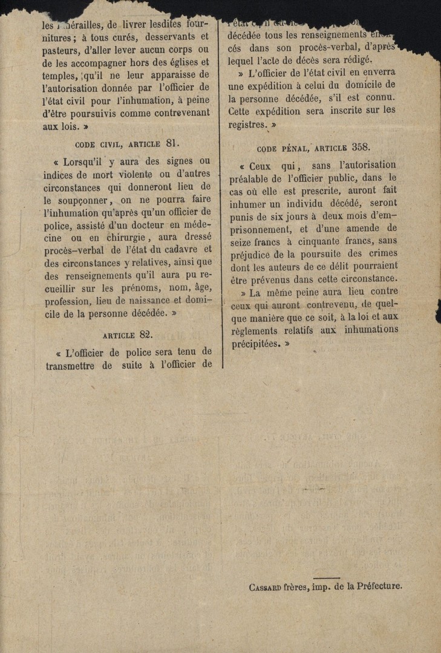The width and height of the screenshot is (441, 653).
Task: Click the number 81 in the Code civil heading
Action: click(172, 143)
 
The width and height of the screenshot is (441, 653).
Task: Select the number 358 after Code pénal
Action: click(361, 146)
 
